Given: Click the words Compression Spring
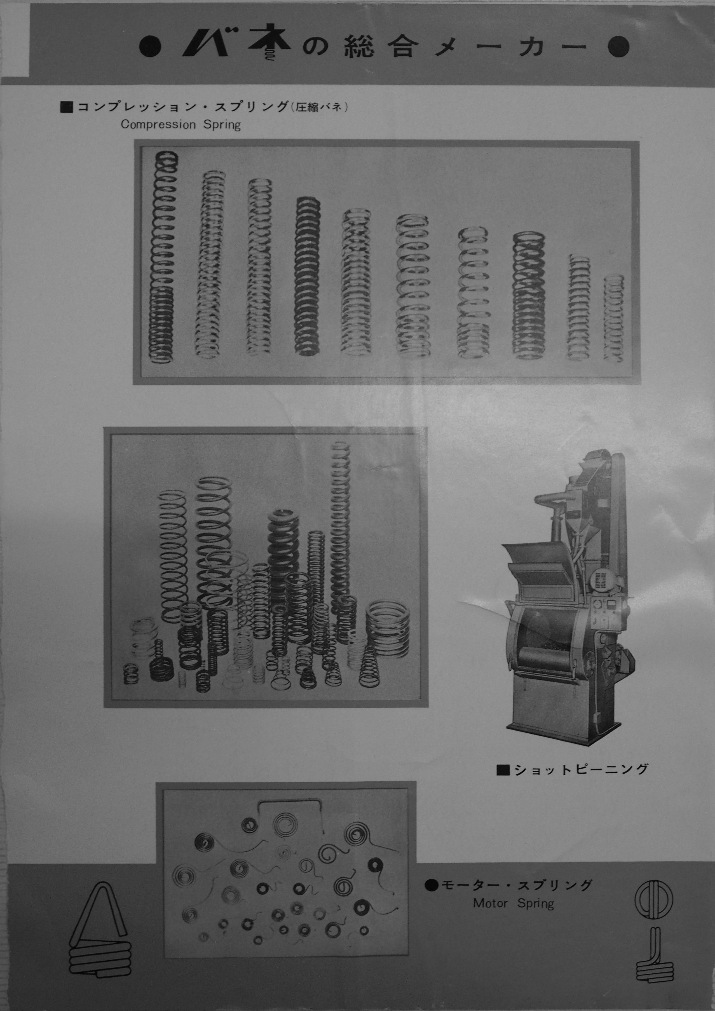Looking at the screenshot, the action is [181, 125].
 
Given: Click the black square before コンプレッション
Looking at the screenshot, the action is [66, 108].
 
